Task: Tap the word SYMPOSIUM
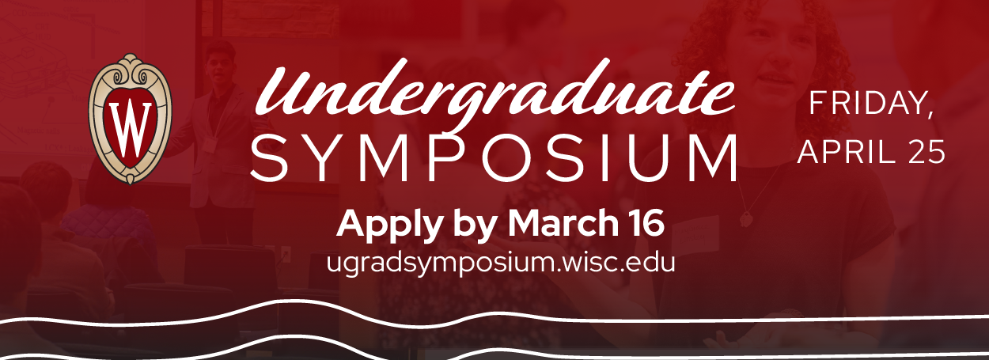tap(494, 157)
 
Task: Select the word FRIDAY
tap(867, 104)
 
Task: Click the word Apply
tap(389, 225)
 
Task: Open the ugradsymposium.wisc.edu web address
tap(501, 263)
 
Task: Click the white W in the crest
tap(131, 131)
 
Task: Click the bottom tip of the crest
tap(131, 184)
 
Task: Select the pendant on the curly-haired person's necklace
tap(746, 219)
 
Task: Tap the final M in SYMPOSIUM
tap(710, 157)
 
